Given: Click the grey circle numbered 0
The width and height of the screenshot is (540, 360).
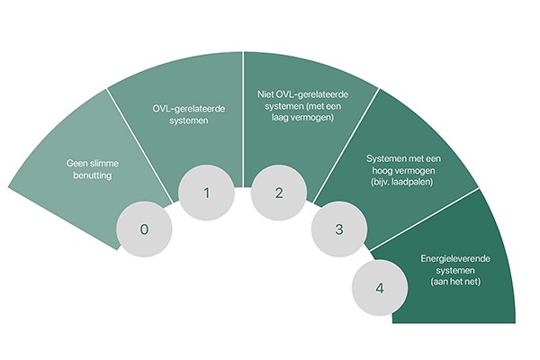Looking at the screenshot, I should coord(144,229).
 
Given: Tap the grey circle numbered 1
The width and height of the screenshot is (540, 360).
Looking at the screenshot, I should coord(206,192).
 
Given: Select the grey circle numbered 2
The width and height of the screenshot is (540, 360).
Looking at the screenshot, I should coord(278,192).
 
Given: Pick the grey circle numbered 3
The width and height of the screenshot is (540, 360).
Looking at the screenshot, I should coord(338,229).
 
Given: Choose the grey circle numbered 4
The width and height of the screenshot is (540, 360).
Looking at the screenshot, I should coord(379,288).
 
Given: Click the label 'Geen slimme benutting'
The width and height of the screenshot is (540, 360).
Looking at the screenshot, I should coord(94,169).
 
